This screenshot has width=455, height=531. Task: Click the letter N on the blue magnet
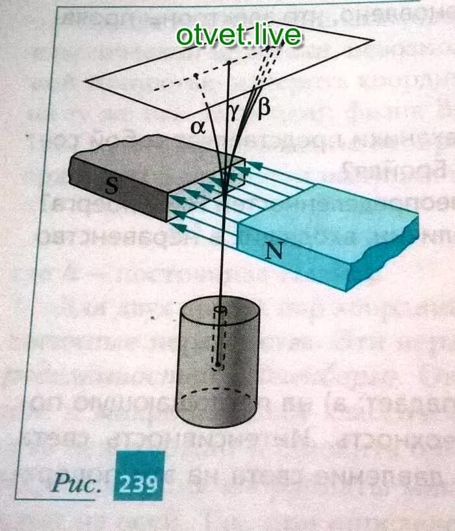tap(276, 252)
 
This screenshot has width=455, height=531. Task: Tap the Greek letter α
tap(198, 127)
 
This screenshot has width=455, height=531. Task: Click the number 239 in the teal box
tap(137, 484)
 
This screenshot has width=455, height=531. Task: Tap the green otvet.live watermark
tap(239, 35)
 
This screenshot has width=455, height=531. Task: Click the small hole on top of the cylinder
tap(220, 310)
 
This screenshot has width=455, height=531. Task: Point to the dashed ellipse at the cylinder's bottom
tap(219, 394)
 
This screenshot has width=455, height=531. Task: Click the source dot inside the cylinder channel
tap(219, 366)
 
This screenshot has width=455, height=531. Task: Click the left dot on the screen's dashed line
tap(196, 77)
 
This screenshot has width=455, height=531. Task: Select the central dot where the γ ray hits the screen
tap(229, 63)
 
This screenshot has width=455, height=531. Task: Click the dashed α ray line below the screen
tap(210, 124)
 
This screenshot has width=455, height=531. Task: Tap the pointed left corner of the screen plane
tap(86, 81)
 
